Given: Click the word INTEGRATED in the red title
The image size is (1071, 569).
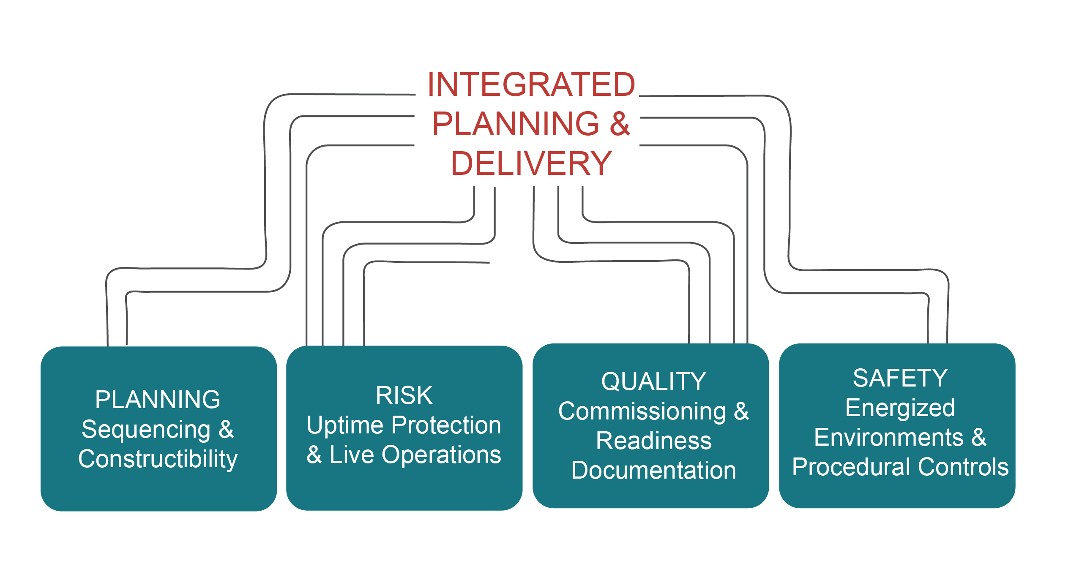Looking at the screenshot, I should (531, 85).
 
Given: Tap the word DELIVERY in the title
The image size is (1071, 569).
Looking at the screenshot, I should (531, 164).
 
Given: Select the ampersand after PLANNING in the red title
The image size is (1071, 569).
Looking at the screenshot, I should (620, 124).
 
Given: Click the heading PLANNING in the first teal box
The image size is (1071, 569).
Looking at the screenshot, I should (158, 400).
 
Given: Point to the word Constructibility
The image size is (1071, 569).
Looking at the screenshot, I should (158, 459).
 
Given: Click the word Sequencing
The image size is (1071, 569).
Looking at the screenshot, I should (146, 430).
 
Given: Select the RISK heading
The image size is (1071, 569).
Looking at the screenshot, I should (404, 396).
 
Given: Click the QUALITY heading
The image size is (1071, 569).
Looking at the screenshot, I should (653, 381).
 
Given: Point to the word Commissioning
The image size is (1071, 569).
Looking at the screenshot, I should (642, 411).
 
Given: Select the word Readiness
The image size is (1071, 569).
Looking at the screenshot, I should (653, 441).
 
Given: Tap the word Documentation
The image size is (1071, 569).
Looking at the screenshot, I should (653, 471).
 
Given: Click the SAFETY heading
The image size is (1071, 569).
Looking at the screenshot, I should (900, 378).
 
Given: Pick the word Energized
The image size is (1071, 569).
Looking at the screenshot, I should (900, 408).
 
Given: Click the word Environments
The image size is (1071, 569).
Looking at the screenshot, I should (888, 437).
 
